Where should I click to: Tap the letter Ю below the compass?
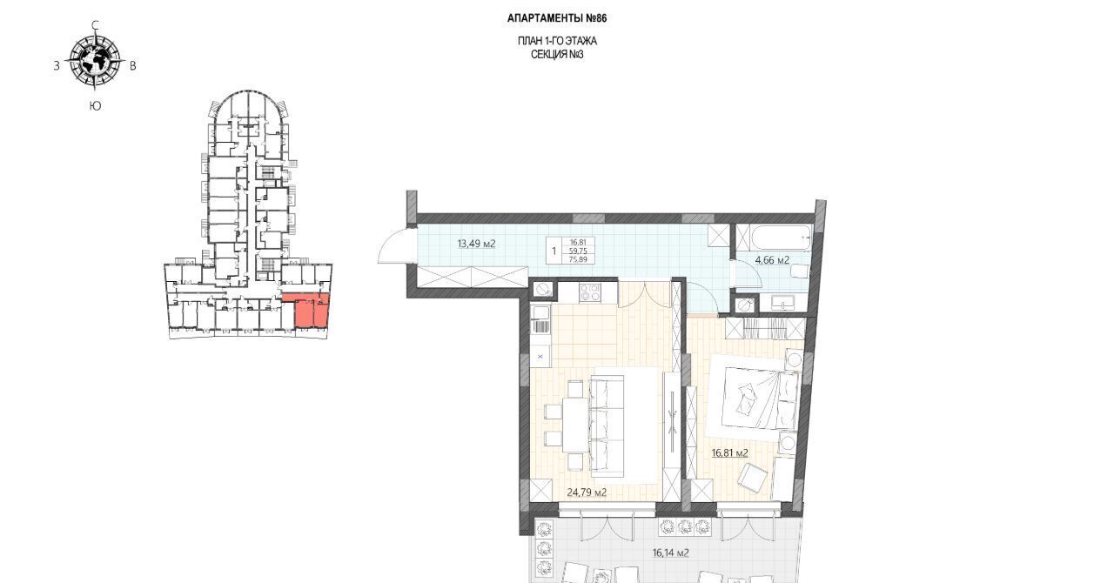pyautogui.click(x=95, y=106)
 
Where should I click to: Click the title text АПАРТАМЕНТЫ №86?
pyautogui.click(x=557, y=18)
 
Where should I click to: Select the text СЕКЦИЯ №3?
pyautogui.click(x=557, y=55)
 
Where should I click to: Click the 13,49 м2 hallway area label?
pyautogui.click(x=476, y=244)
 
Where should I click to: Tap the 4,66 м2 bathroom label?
pyautogui.click(x=772, y=260)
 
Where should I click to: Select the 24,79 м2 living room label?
pyautogui.click(x=587, y=493)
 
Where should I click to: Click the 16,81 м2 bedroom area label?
pyautogui.click(x=729, y=452)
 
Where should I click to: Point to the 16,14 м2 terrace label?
pyautogui.click(x=670, y=553)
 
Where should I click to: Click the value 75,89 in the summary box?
pyautogui.click(x=578, y=259)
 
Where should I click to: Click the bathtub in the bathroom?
pyautogui.click(x=781, y=238)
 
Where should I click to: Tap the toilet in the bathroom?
pyautogui.click(x=799, y=271)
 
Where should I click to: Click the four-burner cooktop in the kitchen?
pyautogui.click(x=589, y=292)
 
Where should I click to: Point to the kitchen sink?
pyautogui.click(x=540, y=314)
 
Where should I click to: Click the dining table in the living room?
pyautogui.click(x=577, y=426)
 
